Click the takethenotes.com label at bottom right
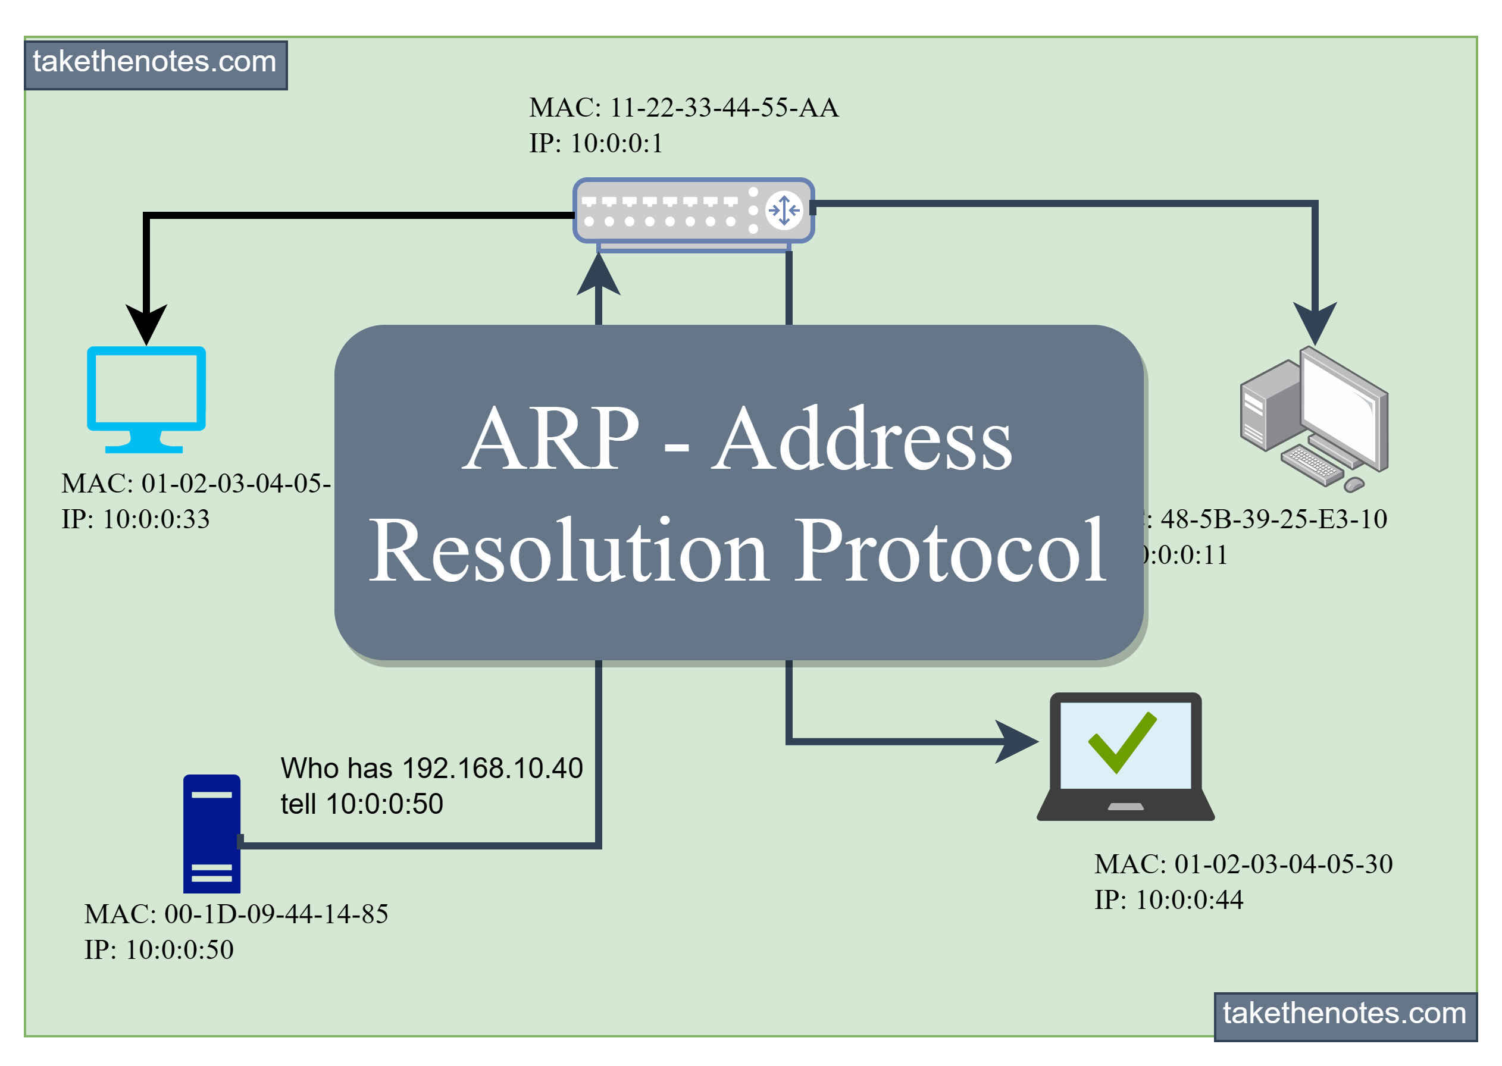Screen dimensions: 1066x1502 click(x=1344, y=1014)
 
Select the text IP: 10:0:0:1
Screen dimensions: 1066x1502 click(x=596, y=143)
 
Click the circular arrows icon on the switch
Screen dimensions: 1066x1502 click(x=784, y=211)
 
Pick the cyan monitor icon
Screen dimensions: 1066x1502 click(x=146, y=398)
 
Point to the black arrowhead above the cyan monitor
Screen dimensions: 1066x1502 click(x=146, y=324)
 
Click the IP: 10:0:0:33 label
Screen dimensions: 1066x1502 click(x=135, y=519)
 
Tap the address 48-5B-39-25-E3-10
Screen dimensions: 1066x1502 click(x=1273, y=519)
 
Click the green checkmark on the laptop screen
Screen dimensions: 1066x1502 click(x=1122, y=742)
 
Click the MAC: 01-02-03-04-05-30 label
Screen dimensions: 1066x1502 click(x=1243, y=864)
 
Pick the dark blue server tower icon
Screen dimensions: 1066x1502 click(x=211, y=833)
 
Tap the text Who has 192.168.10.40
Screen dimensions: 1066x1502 click(x=431, y=768)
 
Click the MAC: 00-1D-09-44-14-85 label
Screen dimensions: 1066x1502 click(x=236, y=914)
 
